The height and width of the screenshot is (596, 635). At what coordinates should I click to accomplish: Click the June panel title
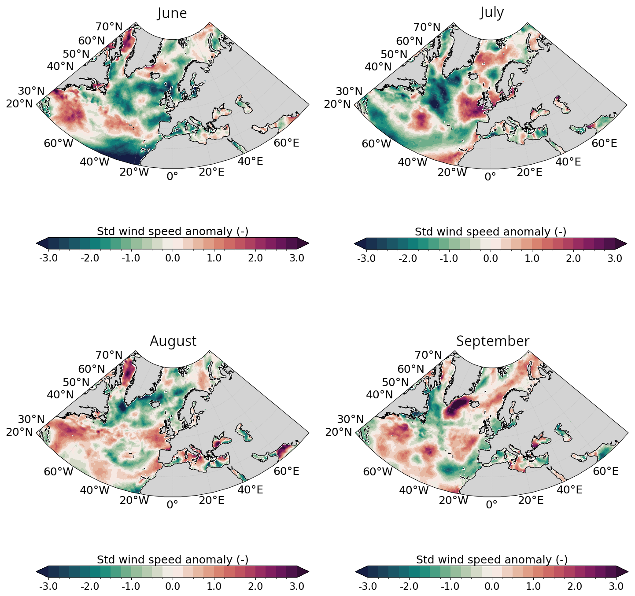pyautogui.click(x=172, y=13)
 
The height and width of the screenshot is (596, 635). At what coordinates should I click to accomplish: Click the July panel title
pyautogui.click(x=492, y=12)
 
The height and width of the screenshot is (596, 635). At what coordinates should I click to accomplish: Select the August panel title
pyautogui.click(x=173, y=341)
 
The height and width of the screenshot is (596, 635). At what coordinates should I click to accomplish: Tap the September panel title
pyautogui.click(x=492, y=341)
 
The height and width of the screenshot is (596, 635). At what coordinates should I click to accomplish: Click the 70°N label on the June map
pyautogui.click(x=109, y=27)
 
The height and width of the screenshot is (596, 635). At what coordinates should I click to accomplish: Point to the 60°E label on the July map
pyautogui.click(x=604, y=143)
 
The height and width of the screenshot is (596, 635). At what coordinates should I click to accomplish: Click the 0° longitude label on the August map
pyautogui.click(x=172, y=504)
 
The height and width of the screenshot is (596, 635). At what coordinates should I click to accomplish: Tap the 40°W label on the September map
pyautogui.click(x=414, y=490)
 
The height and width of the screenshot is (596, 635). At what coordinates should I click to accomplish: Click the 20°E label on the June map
pyautogui.click(x=211, y=172)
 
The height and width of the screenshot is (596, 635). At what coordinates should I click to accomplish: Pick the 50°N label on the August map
pyautogui.click(x=76, y=382)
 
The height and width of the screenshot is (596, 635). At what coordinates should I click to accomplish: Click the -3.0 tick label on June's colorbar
pyautogui.click(x=48, y=258)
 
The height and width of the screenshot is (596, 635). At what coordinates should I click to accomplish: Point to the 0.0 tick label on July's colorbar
pyautogui.click(x=490, y=258)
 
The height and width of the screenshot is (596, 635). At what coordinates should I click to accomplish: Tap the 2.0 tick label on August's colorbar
pyautogui.click(x=255, y=586)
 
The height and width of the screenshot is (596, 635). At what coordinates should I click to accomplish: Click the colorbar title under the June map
pyautogui.click(x=173, y=231)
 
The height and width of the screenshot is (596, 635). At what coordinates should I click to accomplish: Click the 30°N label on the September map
pyautogui.click(x=351, y=419)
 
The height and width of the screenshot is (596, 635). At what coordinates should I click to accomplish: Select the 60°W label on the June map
pyautogui.click(x=59, y=143)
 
